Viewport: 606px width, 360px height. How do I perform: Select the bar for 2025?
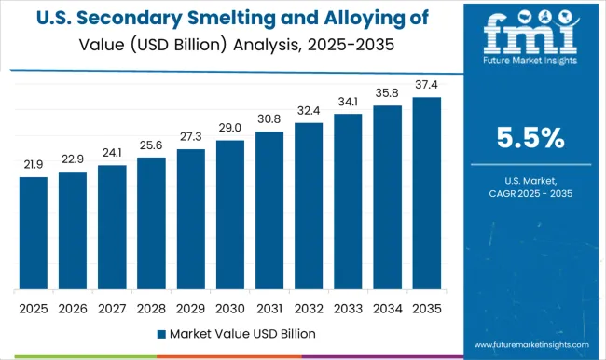pos(33,233)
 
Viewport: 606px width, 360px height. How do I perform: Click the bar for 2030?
pos(229,215)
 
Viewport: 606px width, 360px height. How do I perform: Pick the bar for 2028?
pos(151,223)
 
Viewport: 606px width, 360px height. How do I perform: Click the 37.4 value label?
pos(425,87)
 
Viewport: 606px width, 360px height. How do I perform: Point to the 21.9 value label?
pos(33,165)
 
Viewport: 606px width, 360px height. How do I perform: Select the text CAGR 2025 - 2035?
pos(529,192)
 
